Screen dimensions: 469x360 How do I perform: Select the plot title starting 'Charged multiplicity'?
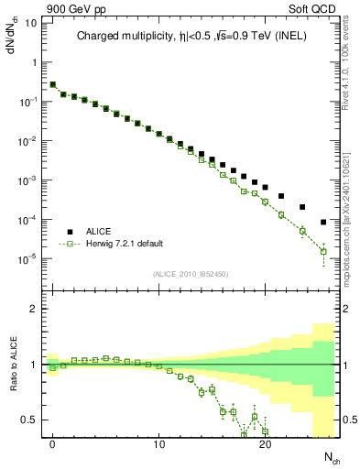pos(192,37)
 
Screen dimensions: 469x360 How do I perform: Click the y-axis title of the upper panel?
pos(13,36)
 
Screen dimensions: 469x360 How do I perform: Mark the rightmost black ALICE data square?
pos(323,222)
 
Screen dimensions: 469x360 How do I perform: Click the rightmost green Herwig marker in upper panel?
pos(323,251)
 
